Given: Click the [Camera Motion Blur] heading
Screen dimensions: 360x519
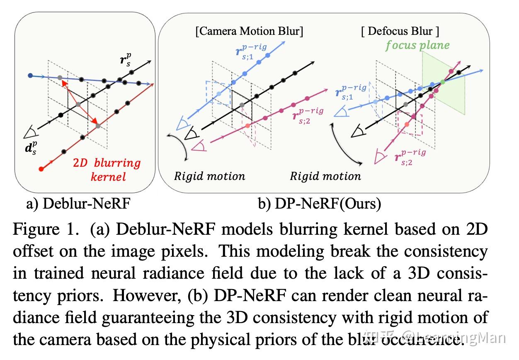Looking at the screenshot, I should click(x=249, y=32).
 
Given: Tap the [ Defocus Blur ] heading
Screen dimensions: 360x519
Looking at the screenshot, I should click(x=400, y=31).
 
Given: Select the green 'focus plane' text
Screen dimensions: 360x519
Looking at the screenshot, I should click(x=417, y=45).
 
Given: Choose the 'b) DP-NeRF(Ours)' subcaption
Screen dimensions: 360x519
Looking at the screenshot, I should click(x=319, y=204).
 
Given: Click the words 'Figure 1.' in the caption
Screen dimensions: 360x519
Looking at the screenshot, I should click(x=45, y=229).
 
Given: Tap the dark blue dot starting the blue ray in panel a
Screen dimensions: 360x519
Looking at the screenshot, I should click(x=30, y=75).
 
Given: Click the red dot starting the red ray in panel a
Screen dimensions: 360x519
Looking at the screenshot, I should click(x=41, y=169).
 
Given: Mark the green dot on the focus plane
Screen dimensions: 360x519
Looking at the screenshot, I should click(x=442, y=82).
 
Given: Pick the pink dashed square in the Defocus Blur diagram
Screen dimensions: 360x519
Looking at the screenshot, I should click(x=409, y=123).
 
